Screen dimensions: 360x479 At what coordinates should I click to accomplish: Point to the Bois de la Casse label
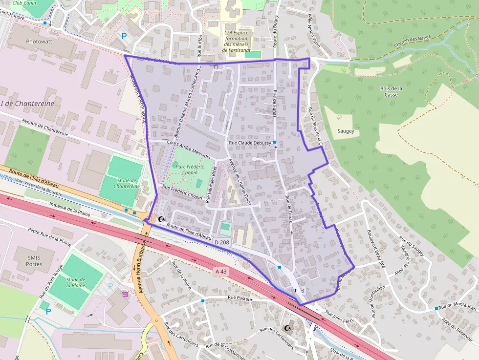pyautogui.click(x=391, y=91)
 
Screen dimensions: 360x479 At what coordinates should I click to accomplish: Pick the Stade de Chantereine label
pyautogui.click(x=127, y=183)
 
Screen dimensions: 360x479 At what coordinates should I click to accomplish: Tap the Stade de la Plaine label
pyautogui.click(x=76, y=282)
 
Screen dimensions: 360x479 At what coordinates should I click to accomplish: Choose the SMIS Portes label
pyautogui.click(x=34, y=260)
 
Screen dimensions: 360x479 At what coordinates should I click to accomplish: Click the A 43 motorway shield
pyautogui.click(x=221, y=271)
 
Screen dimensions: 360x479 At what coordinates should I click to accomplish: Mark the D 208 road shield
pyautogui.click(x=221, y=242)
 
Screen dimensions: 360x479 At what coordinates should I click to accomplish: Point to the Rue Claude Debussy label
pyautogui.click(x=250, y=143)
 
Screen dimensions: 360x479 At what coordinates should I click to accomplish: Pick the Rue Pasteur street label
pyautogui.click(x=240, y=297)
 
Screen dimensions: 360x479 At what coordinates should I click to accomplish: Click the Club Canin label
pyautogui.click(x=24, y=3)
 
